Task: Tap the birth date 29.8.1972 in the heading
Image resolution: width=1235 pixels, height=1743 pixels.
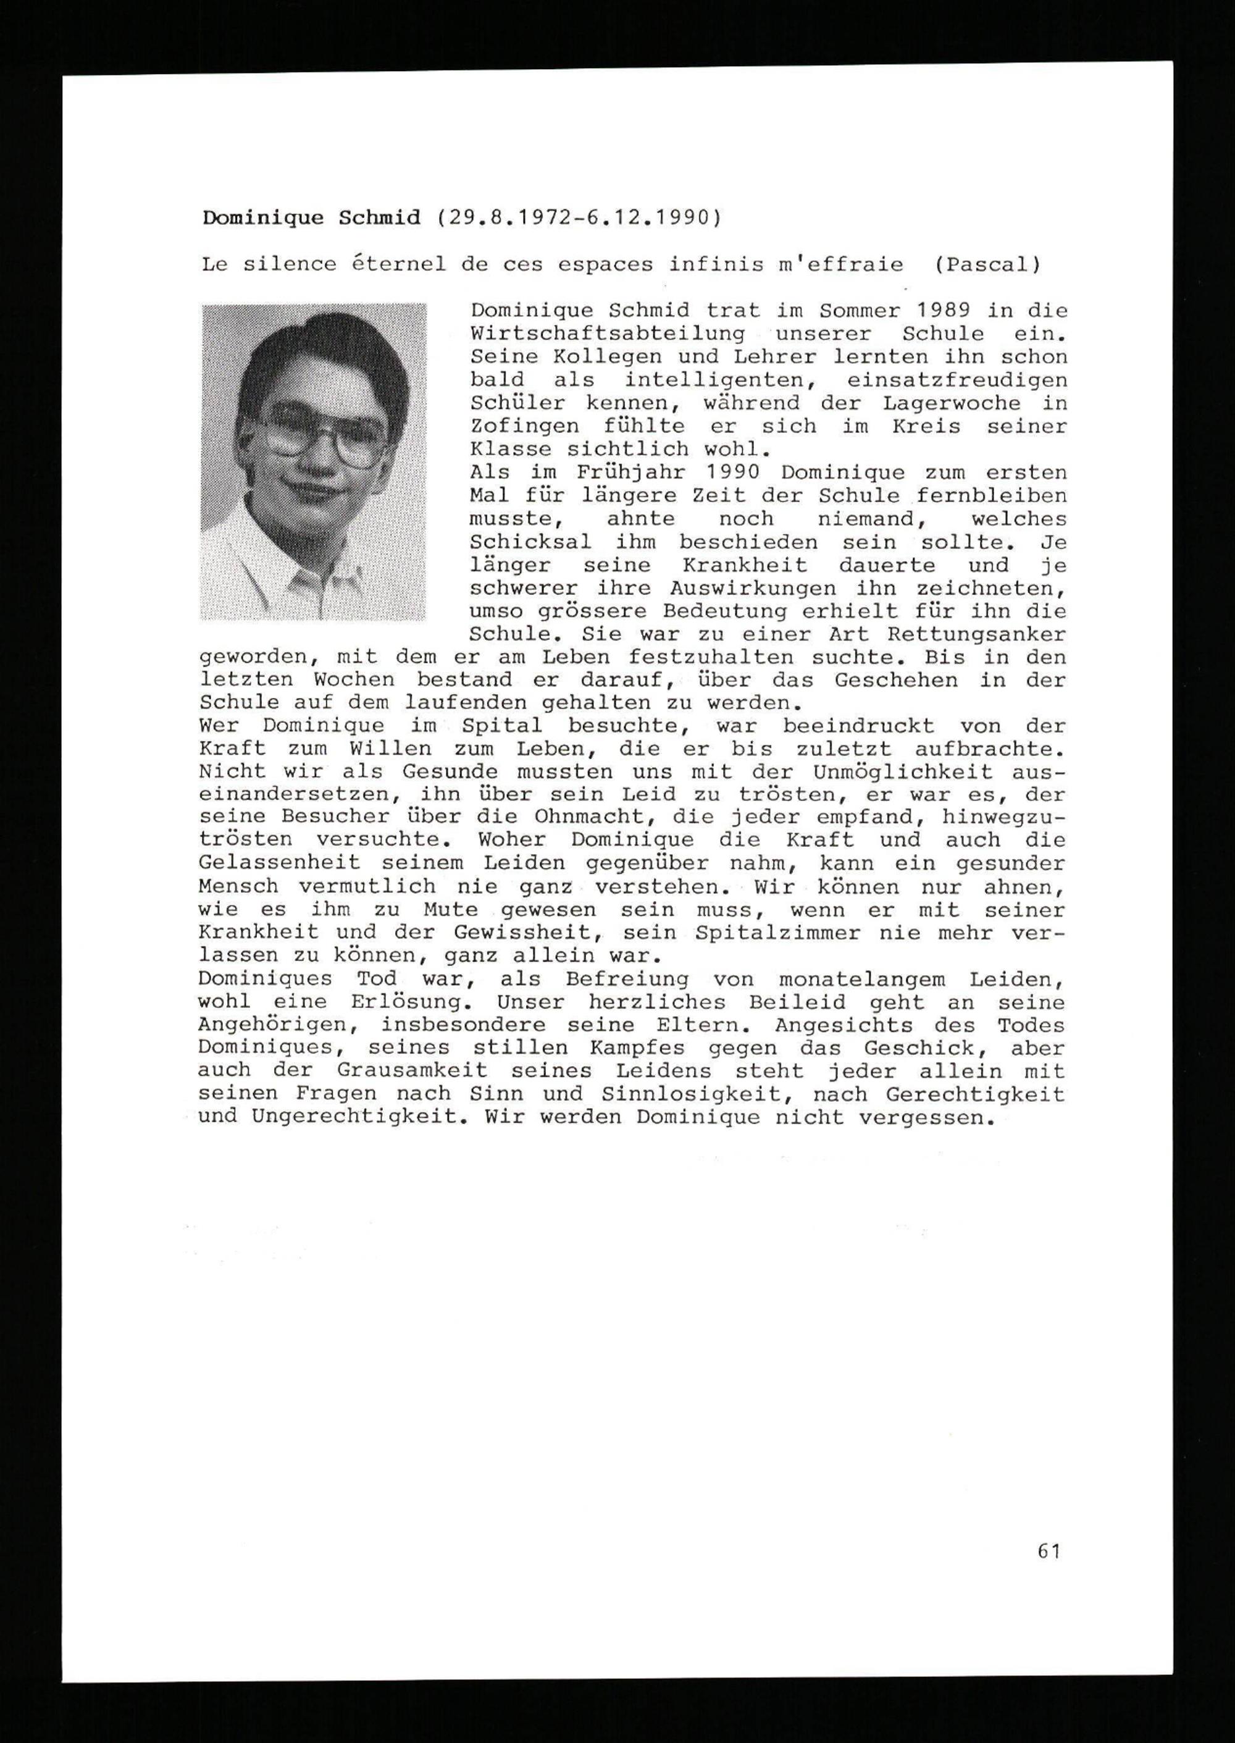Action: coord(509,218)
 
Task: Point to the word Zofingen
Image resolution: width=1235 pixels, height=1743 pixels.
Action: coord(524,427)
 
